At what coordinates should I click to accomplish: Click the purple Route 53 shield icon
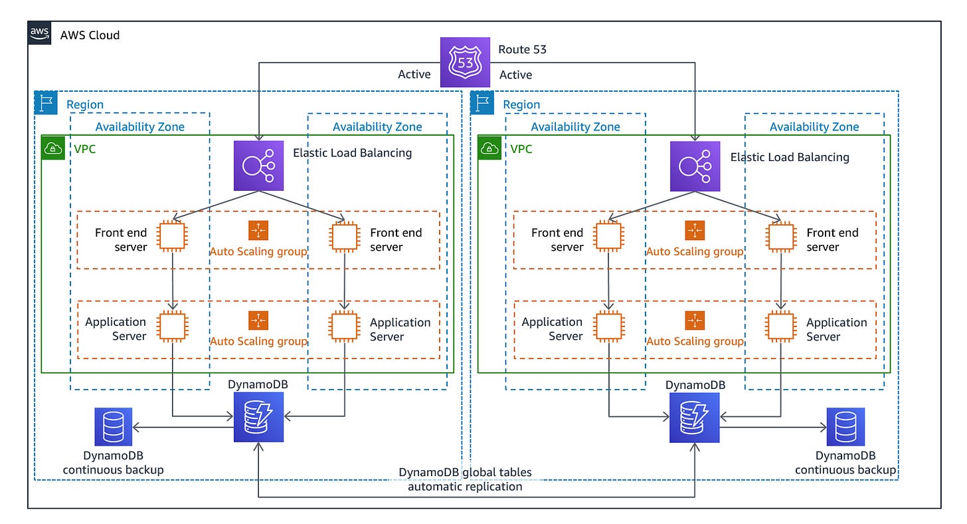click(465, 63)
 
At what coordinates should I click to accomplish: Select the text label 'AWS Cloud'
click(90, 35)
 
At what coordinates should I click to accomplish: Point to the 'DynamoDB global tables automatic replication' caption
click(465, 479)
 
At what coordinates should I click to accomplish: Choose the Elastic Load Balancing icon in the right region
click(695, 166)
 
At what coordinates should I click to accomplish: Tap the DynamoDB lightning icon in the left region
click(258, 417)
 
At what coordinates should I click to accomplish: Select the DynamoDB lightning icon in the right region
click(695, 417)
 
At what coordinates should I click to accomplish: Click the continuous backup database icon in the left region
click(113, 427)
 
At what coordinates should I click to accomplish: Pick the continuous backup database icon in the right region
click(845, 427)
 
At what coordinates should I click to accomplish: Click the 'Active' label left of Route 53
click(414, 74)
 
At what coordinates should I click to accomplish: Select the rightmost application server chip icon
click(780, 327)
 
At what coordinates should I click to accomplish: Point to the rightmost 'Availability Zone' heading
click(814, 126)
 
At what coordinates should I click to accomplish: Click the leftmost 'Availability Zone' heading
click(139, 126)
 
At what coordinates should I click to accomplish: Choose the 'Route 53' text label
click(523, 50)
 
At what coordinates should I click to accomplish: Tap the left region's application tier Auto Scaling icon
click(258, 320)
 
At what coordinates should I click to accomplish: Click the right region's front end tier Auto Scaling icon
click(695, 230)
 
